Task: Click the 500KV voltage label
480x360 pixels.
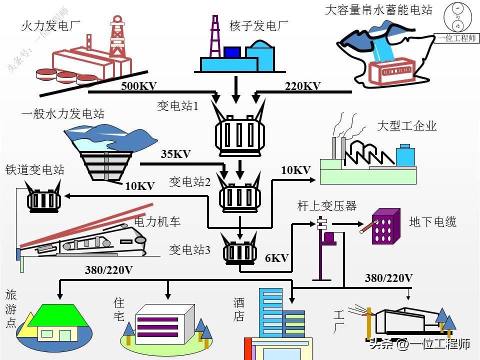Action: point(138,86)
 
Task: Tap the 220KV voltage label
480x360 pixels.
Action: point(302,86)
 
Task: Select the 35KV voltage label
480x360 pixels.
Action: point(175,154)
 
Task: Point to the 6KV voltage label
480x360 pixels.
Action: point(276,258)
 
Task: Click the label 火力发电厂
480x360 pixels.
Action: point(50,24)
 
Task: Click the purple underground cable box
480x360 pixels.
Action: point(385,226)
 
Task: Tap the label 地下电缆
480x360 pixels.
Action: point(432,221)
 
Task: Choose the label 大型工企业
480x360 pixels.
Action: point(406,125)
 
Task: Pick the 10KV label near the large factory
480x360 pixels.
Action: point(295,170)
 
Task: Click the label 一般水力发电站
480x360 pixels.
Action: point(63,114)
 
